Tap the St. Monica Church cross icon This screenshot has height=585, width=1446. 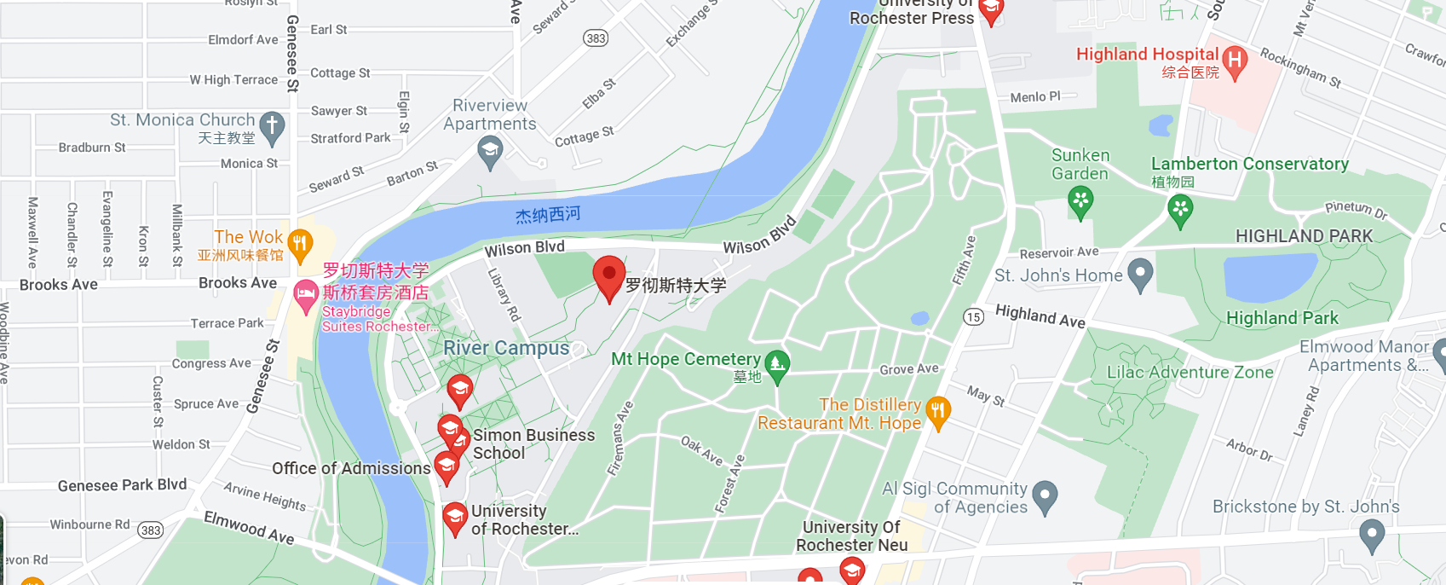272,125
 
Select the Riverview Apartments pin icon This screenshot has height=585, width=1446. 489,152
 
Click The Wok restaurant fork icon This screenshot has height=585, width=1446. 299,244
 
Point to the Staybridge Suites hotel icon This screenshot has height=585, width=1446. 305,295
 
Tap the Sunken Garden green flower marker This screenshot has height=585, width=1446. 1080,201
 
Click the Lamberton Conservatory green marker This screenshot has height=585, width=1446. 1180,209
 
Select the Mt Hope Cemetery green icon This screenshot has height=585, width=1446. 776,364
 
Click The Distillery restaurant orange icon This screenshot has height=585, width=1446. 937,412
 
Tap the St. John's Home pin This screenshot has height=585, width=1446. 1139,274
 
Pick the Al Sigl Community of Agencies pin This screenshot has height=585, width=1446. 1044,495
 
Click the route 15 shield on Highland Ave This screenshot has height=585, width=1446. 973,317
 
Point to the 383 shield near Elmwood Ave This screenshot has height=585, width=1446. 151,530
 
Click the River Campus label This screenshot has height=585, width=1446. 506,348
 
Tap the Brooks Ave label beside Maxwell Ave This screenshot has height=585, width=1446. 59,285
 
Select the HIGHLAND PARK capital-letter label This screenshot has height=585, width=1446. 1304,236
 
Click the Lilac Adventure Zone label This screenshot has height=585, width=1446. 1190,373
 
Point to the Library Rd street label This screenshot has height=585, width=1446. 504,294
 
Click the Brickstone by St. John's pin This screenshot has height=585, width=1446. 1371,536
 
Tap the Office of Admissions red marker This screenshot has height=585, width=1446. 446,466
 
